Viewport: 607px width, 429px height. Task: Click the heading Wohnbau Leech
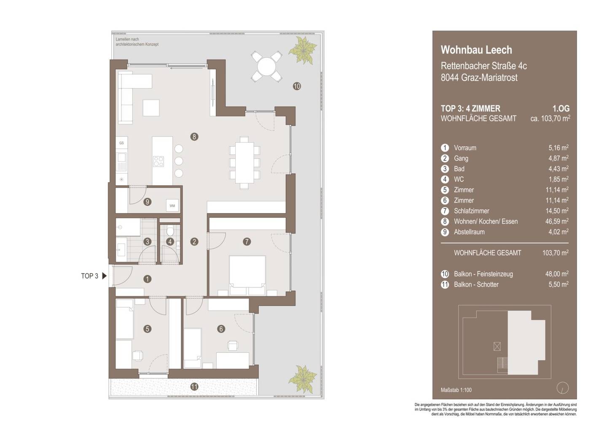click(x=476, y=50)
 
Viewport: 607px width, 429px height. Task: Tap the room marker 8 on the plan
click(x=194, y=137)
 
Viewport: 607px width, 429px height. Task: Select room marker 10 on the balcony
click(x=297, y=86)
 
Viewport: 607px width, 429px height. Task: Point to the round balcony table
click(x=266, y=66)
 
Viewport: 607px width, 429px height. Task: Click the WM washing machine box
click(x=172, y=206)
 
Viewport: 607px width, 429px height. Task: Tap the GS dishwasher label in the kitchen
click(x=121, y=143)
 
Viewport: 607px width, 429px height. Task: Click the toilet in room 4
click(x=170, y=231)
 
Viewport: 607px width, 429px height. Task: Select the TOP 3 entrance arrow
click(x=105, y=276)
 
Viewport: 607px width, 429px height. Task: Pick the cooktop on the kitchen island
click(x=158, y=161)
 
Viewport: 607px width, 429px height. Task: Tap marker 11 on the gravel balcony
click(x=194, y=387)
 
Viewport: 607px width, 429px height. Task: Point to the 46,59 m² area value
click(x=557, y=221)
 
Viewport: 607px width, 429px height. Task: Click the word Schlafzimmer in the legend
click(x=472, y=211)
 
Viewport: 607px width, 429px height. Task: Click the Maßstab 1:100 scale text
click(x=456, y=390)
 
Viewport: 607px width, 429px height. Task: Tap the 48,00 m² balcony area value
click(x=557, y=274)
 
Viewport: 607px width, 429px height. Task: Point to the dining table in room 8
click(x=244, y=163)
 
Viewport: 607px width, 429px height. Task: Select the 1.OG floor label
click(x=561, y=109)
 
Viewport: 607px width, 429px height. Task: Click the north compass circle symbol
click(x=563, y=388)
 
